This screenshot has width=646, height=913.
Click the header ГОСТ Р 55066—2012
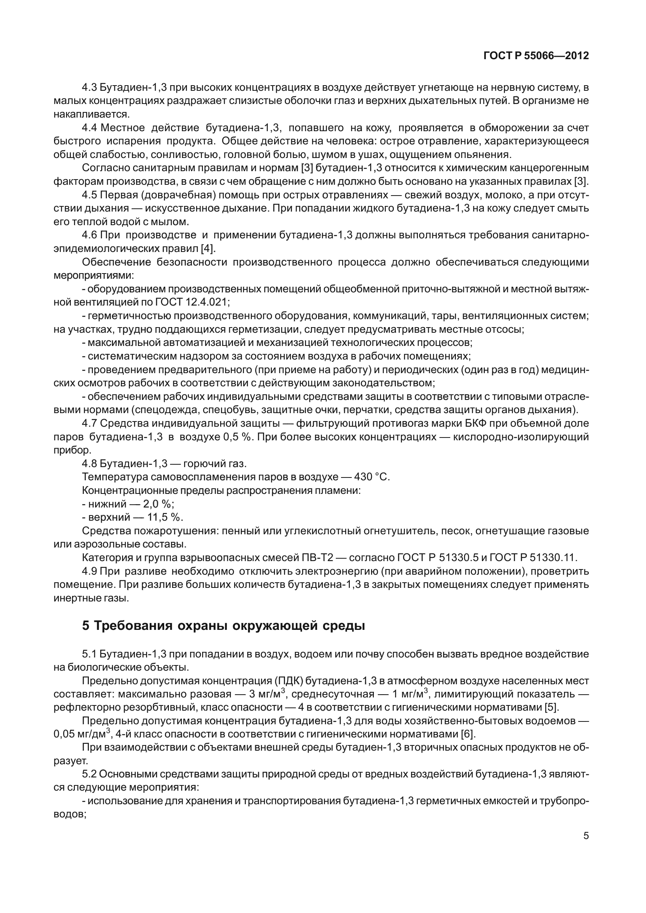[536, 56]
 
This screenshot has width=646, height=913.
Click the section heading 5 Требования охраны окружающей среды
[223, 626]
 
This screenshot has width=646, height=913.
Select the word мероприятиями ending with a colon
[94, 276]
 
